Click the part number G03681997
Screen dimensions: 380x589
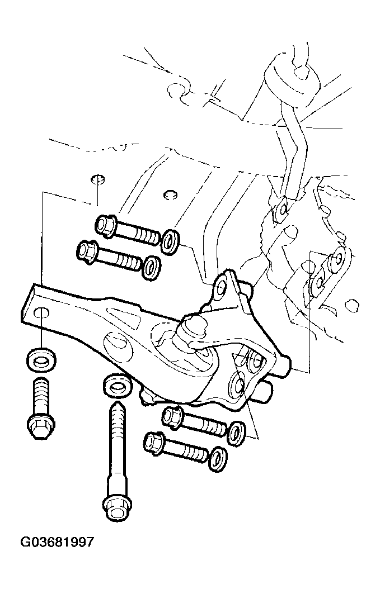coord(57,543)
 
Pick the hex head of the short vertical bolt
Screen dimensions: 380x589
coord(41,426)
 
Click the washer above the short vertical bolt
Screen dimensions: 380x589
coord(41,360)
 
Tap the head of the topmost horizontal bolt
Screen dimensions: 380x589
coord(105,226)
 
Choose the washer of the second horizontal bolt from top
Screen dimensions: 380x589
coord(152,268)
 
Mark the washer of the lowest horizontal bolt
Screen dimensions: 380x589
coord(218,458)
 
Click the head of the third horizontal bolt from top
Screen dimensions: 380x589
coord(173,417)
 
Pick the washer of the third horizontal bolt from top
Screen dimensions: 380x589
coord(237,433)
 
